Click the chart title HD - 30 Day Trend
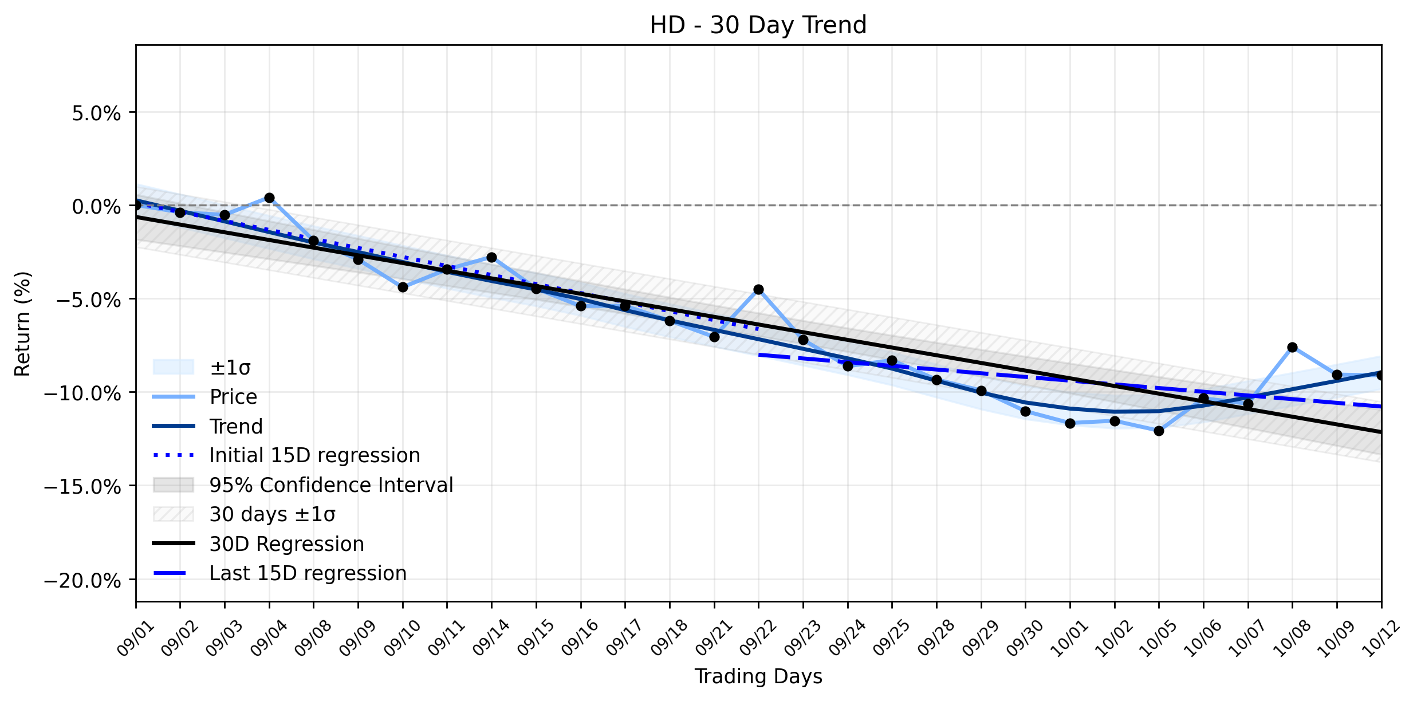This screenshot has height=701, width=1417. [x=758, y=25]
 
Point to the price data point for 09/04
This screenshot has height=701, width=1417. [x=269, y=198]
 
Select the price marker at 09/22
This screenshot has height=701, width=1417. [x=758, y=289]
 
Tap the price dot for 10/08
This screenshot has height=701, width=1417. [x=1292, y=347]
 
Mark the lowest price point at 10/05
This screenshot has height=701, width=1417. [x=1159, y=431]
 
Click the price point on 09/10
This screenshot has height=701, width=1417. [x=403, y=287]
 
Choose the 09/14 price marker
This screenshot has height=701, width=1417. [x=491, y=257]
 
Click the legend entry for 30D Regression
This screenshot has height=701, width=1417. [x=258, y=544]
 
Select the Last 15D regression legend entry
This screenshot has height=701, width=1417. [x=280, y=573]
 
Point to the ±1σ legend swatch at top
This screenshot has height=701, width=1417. [x=174, y=367]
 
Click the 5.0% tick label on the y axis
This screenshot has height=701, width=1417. [x=96, y=113]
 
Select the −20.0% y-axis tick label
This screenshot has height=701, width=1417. [x=82, y=581]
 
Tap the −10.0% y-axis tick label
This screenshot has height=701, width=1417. [x=82, y=393]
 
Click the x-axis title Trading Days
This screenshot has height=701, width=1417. [x=758, y=676]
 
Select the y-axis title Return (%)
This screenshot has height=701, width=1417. [x=23, y=324]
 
